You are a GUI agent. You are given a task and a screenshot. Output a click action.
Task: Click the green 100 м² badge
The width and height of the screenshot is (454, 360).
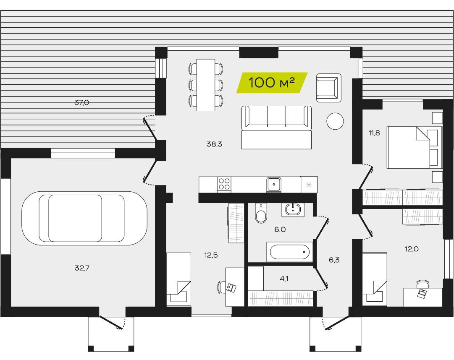(272, 83)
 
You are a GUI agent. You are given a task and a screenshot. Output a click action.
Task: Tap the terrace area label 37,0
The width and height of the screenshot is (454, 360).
(82, 102)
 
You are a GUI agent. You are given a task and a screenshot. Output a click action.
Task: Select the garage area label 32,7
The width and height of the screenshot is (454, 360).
(82, 268)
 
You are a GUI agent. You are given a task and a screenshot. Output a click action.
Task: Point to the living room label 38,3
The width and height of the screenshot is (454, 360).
(214, 144)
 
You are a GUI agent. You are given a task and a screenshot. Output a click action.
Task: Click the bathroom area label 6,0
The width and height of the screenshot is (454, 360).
(280, 230)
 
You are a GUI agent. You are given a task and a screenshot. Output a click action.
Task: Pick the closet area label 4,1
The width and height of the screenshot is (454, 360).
(284, 279)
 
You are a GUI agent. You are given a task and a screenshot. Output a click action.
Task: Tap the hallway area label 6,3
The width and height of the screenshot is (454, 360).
(334, 260)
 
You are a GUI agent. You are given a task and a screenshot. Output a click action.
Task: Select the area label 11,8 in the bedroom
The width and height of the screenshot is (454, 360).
(374, 133)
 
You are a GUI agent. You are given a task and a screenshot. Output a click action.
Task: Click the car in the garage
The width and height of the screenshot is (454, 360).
(84, 218)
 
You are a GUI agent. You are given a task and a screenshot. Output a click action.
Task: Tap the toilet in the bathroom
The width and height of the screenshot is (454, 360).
(261, 214)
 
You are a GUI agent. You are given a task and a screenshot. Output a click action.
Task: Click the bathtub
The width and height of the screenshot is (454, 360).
(290, 252)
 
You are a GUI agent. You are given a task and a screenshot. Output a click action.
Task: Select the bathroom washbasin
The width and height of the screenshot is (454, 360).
(293, 210)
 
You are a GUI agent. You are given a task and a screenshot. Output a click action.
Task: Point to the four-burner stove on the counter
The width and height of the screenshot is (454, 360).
(224, 184)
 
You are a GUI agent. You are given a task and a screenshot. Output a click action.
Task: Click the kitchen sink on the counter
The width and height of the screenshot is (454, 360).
(273, 184)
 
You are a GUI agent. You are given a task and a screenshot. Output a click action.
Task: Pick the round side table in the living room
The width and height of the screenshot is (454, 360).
(335, 121)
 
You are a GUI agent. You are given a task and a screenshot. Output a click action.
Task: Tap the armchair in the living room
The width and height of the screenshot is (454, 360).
(328, 88)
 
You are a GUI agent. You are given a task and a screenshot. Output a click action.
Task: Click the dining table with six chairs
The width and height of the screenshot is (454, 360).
(206, 85)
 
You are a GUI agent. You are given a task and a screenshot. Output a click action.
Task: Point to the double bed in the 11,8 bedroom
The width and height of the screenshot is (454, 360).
(415, 147)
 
